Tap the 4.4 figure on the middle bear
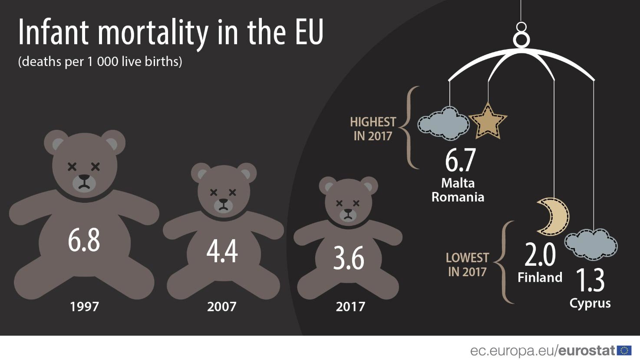click(x=222, y=251)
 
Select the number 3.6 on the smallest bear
click(x=349, y=258)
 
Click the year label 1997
click(x=84, y=307)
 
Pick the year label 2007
click(x=221, y=307)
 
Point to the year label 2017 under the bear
click(x=350, y=307)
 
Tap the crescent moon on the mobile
click(x=553, y=216)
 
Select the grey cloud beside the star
click(x=443, y=124)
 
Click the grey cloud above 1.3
click(x=591, y=244)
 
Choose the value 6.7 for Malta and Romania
click(x=460, y=160)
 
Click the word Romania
click(x=458, y=197)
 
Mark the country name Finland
click(x=540, y=277)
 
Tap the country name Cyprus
click(x=590, y=303)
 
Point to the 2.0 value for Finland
click(x=540, y=255)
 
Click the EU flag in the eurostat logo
click(x=624, y=350)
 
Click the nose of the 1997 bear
click(x=84, y=178)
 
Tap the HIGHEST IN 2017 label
click(x=373, y=129)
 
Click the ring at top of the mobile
click(x=521, y=39)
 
